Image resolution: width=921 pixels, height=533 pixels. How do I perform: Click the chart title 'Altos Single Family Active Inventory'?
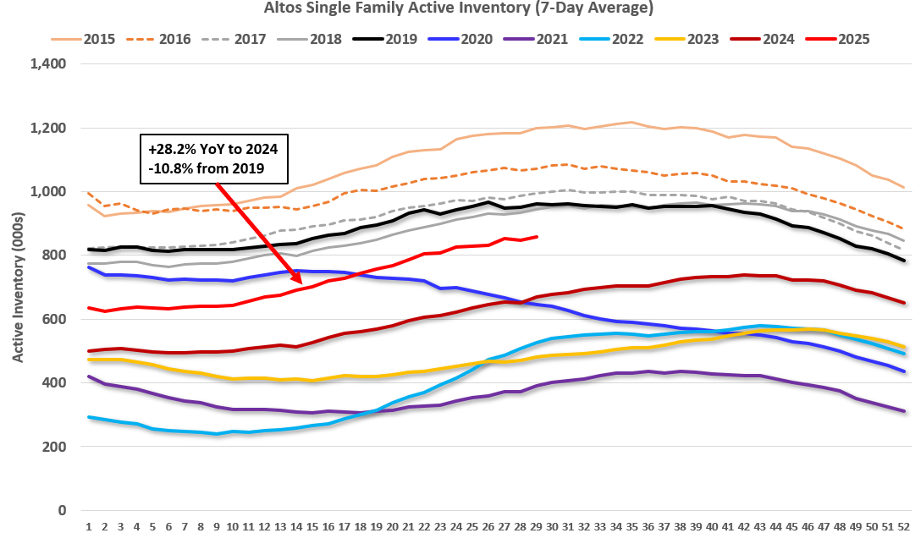pyautogui.click(x=460, y=8)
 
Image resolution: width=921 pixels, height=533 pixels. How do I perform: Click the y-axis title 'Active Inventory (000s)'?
pyautogui.click(x=17, y=287)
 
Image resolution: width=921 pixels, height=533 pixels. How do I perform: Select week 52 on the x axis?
pyautogui.click(x=904, y=525)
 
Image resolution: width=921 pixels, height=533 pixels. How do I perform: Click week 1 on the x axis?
pyautogui.click(x=89, y=525)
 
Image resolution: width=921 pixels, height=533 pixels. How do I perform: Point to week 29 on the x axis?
pyautogui.click(x=537, y=525)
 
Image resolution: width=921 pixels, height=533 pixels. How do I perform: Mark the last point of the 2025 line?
pyautogui.click(x=537, y=237)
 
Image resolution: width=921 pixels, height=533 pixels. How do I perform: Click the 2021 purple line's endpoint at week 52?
pyautogui.click(x=904, y=411)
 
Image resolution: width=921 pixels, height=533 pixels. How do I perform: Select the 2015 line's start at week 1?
pyautogui.click(x=89, y=205)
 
